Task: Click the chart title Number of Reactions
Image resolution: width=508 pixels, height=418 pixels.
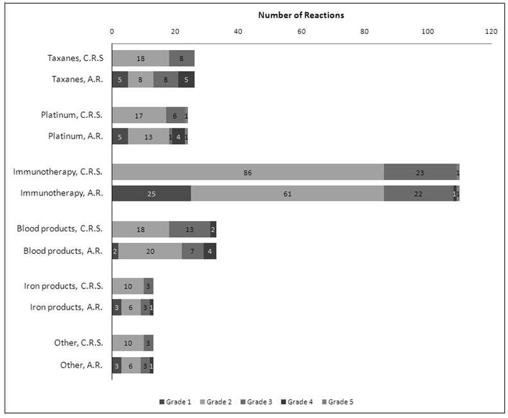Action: (301, 15)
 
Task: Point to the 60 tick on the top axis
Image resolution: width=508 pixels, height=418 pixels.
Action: (301, 31)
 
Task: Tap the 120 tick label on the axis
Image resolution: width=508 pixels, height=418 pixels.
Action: (491, 31)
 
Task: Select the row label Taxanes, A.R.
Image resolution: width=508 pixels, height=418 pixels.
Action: (77, 79)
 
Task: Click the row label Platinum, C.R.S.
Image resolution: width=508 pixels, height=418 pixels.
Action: (71, 115)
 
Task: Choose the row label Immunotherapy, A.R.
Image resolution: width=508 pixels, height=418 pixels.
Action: (62, 192)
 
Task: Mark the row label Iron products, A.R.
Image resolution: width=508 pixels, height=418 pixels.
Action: (66, 307)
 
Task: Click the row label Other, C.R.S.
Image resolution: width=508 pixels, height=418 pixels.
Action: (78, 343)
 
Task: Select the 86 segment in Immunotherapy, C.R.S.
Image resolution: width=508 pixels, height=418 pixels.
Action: (248, 172)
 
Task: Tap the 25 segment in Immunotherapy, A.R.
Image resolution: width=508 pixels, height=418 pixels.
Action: (151, 193)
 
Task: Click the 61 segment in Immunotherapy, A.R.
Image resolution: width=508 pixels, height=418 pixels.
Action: (287, 193)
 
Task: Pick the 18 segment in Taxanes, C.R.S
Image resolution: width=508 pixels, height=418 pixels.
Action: (140, 58)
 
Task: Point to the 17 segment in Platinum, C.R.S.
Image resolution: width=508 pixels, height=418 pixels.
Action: (139, 115)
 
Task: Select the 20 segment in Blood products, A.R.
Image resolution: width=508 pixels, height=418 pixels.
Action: (150, 251)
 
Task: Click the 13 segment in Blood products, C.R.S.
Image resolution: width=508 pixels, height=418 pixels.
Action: (190, 230)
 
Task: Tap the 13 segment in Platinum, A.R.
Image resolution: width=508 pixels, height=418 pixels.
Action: (148, 136)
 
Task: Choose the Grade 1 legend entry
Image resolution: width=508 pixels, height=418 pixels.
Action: (175, 402)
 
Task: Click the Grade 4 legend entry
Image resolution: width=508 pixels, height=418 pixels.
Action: (296, 402)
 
